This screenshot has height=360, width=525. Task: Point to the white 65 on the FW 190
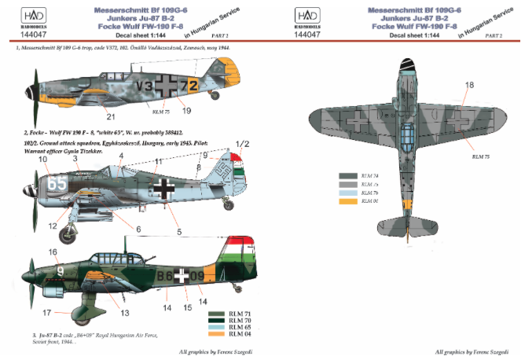55,184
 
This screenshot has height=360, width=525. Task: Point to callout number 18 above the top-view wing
470,85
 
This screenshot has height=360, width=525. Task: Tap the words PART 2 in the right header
495,35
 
